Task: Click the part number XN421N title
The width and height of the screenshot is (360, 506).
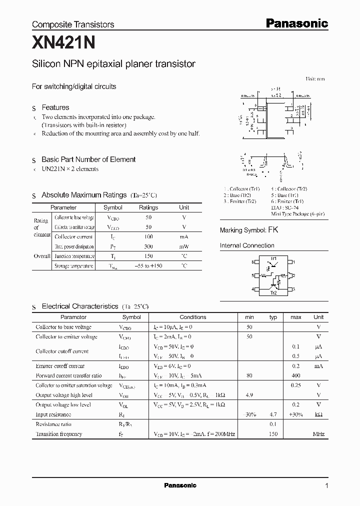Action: (x=63, y=43)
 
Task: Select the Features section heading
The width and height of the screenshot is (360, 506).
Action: (x=55, y=107)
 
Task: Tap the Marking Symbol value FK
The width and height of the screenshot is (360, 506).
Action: (x=273, y=230)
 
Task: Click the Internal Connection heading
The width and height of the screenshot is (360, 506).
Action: (x=247, y=245)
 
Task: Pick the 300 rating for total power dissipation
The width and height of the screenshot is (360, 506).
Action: (x=148, y=246)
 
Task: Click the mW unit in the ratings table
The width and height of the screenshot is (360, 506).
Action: (x=184, y=246)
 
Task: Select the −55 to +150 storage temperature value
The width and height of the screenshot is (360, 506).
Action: (x=148, y=266)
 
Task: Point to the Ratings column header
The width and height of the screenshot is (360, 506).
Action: (x=148, y=207)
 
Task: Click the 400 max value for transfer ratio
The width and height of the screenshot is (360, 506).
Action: (x=296, y=375)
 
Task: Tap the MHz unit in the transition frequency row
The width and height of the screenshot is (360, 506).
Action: (x=318, y=434)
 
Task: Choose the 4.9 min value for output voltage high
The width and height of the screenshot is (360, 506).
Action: (x=249, y=395)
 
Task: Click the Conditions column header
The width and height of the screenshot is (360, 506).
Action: (x=192, y=317)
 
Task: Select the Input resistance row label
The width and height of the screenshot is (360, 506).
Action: (x=53, y=414)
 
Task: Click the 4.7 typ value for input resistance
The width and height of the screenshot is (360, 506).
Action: (x=273, y=414)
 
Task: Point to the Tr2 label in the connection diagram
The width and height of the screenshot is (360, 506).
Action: (x=273, y=293)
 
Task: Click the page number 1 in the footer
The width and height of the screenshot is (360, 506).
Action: (x=326, y=486)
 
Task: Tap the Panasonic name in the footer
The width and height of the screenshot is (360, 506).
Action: (x=180, y=485)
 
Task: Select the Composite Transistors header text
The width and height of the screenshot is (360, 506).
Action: (x=73, y=24)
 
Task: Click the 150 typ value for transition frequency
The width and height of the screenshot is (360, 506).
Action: (x=273, y=434)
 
